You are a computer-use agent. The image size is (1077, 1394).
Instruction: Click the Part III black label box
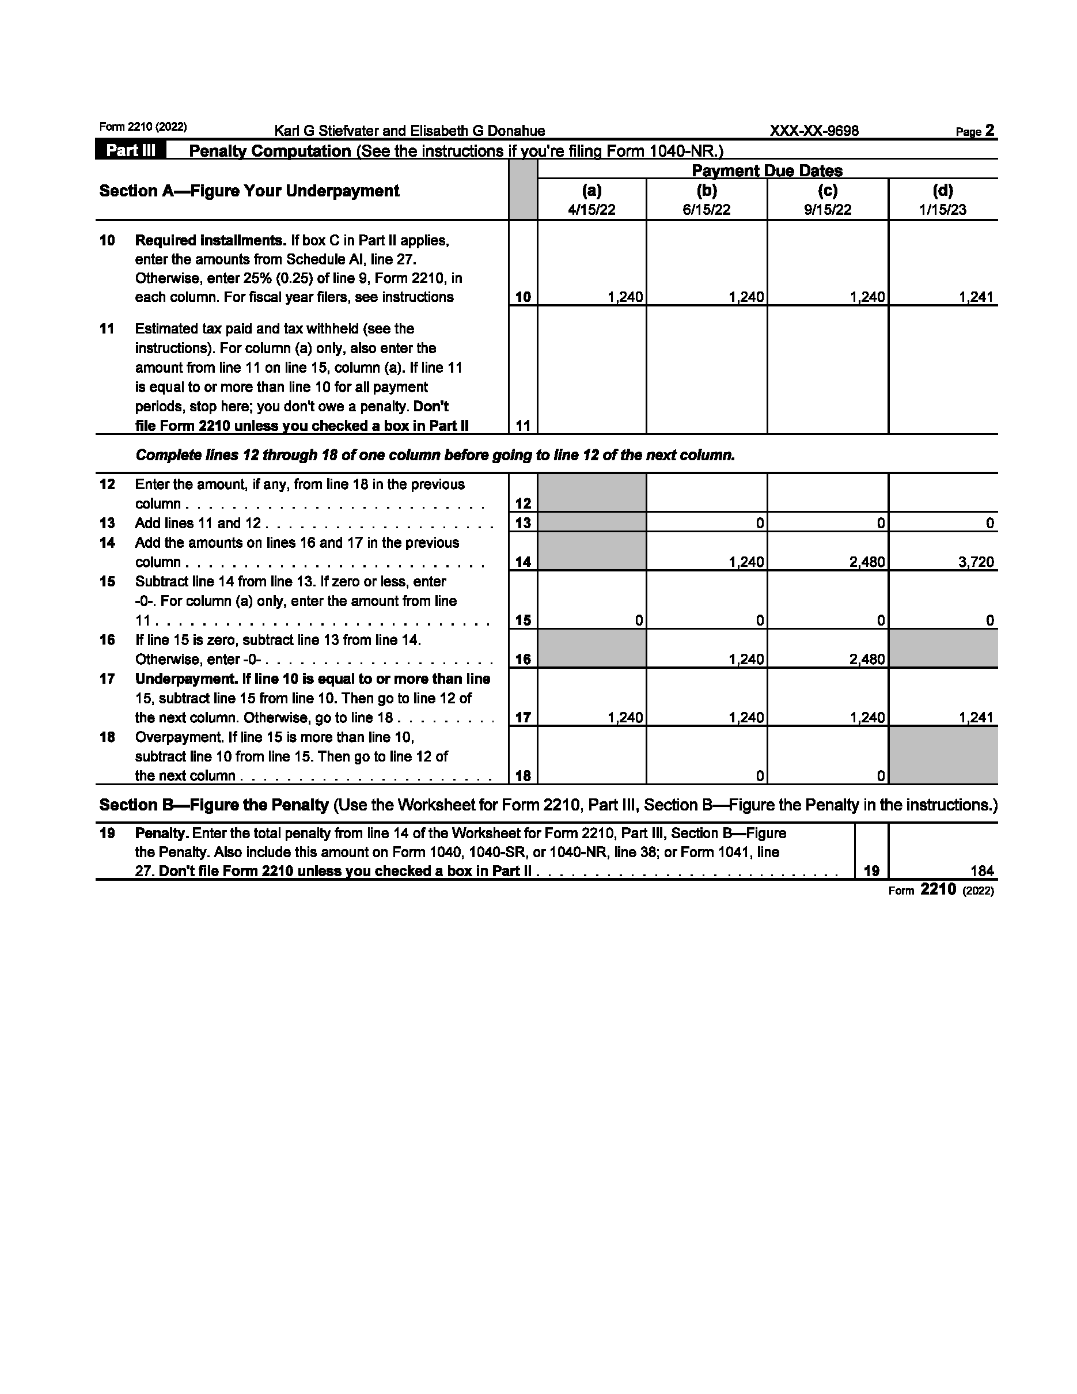coord(130,151)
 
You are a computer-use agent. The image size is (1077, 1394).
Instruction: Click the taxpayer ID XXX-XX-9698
coord(814,131)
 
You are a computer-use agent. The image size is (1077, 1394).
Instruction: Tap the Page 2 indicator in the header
coord(975,131)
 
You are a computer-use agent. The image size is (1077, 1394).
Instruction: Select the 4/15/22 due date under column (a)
coord(591,210)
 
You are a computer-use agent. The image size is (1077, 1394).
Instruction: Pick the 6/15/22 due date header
coord(706,210)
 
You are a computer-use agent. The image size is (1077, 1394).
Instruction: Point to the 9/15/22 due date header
coord(828,210)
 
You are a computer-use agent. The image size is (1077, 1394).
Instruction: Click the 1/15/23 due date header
coord(942,210)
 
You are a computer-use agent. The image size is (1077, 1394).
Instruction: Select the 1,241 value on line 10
coord(976,297)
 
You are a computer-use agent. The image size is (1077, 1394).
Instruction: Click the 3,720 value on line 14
coord(976,562)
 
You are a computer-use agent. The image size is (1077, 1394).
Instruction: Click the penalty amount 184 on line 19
coord(982,871)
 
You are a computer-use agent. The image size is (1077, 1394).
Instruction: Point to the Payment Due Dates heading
coord(767,171)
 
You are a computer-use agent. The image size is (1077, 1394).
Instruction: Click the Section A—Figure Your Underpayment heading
coord(249,191)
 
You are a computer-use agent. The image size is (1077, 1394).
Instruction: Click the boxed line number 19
coord(871,871)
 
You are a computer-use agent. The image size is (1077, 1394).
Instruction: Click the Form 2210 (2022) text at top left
coord(143,127)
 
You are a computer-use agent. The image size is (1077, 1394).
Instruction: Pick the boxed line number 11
coord(523,426)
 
